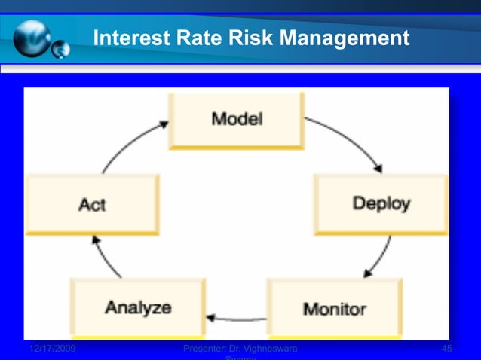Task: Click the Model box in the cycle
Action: (236, 121)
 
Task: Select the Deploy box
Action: (381, 203)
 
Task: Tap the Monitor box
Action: (334, 307)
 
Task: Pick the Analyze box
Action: (137, 307)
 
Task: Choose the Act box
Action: (92, 204)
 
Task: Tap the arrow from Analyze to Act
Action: (106, 256)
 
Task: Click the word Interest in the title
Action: (127, 37)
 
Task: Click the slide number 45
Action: (446, 349)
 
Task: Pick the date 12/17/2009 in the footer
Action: (52, 349)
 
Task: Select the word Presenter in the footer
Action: (208, 349)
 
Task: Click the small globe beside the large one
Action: (60, 50)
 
